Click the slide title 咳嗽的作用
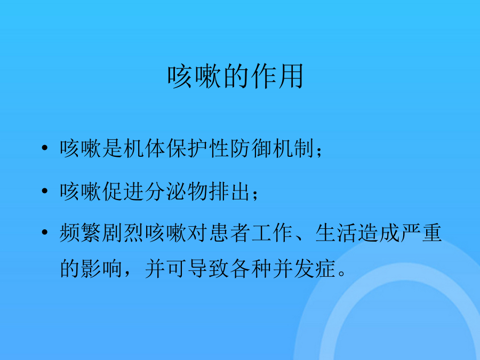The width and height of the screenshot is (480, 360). [235, 76]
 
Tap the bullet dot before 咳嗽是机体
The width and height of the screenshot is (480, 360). [45, 148]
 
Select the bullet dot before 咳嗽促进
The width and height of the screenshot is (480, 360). [45, 191]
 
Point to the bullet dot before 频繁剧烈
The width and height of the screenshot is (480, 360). [45, 233]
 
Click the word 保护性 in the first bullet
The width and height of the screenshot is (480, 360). [198, 148]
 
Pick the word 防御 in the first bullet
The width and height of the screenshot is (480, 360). [251, 148]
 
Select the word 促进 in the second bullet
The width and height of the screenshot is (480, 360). [123, 191]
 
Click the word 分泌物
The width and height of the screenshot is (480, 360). [177, 191]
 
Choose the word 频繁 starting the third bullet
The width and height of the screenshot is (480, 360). [81, 233]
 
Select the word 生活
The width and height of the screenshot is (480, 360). [337, 233]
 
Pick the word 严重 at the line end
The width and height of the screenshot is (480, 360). [421, 233]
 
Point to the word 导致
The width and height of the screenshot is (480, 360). [209, 268]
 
